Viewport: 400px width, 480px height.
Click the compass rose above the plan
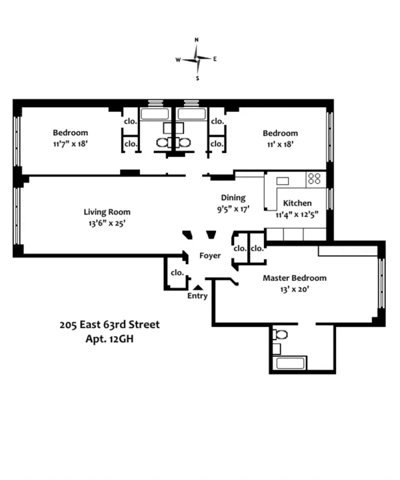tap(197, 59)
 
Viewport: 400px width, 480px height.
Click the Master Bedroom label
tap(294, 278)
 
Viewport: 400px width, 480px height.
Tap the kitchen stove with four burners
tap(314, 178)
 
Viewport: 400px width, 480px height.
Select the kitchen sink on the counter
tap(282, 180)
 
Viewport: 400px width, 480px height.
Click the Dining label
tap(233, 197)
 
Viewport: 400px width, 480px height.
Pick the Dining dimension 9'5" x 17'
tap(233, 208)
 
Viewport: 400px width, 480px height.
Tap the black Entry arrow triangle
tap(197, 287)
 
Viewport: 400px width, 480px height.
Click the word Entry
tap(197, 296)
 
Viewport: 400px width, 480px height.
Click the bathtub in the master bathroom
tap(290, 363)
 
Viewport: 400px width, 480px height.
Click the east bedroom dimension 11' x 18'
tap(279, 143)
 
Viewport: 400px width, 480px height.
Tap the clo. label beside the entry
tap(177, 272)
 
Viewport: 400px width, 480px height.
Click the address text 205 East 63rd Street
tap(109, 325)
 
